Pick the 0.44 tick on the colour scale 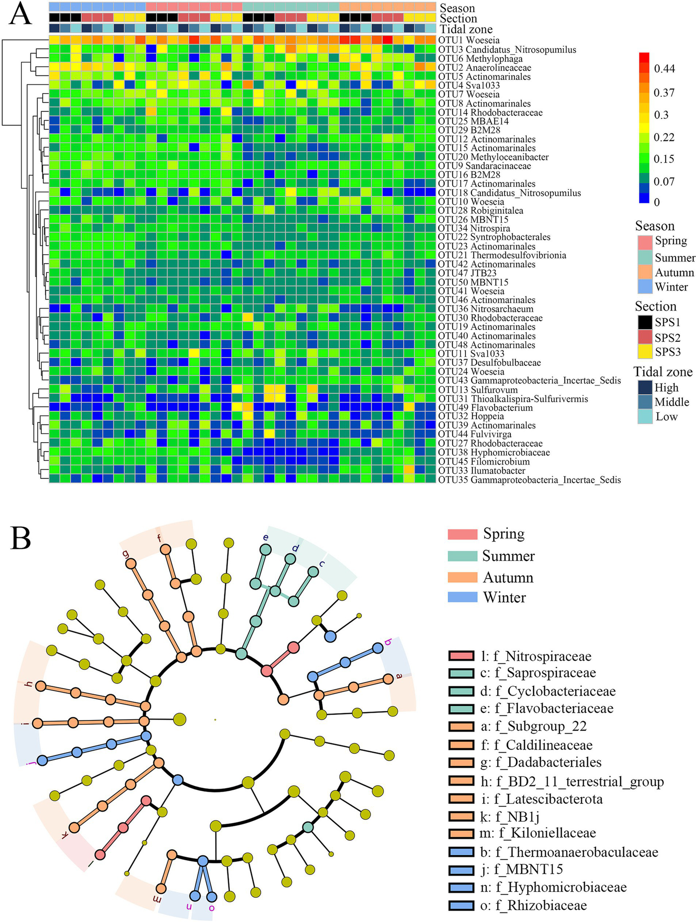point(664,69)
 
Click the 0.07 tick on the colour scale point(664,182)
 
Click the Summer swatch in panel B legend point(462,556)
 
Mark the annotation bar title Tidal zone point(466,30)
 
